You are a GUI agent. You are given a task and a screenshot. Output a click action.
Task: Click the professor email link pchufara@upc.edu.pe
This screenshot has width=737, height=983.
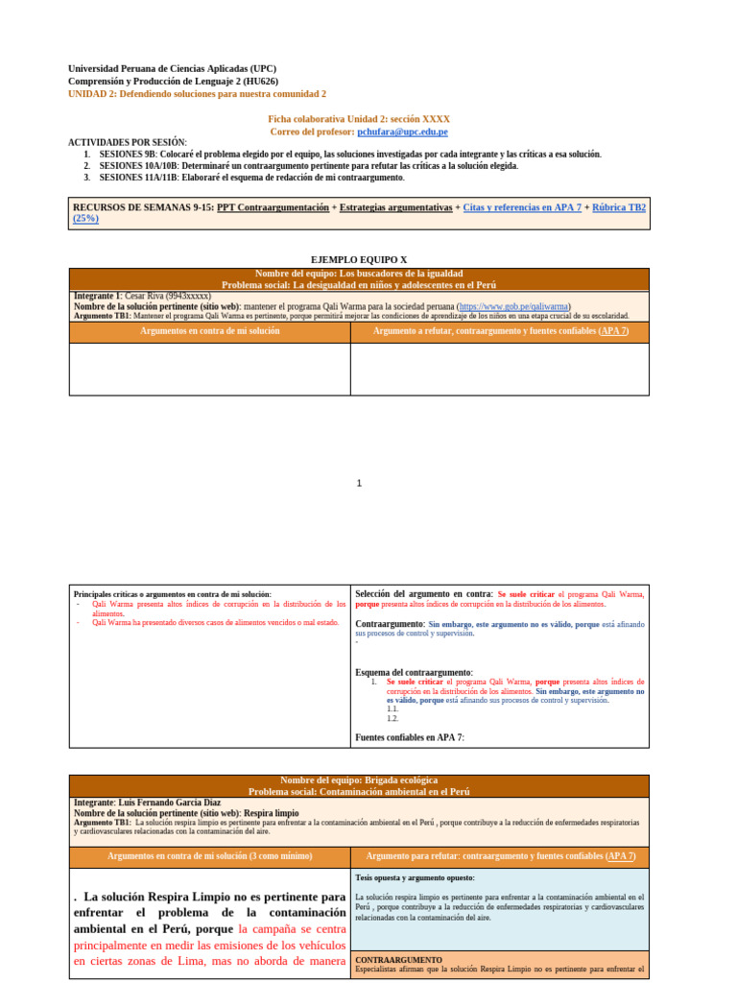(x=402, y=132)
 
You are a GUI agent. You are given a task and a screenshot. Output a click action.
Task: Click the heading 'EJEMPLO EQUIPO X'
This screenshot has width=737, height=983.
(x=359, y=260)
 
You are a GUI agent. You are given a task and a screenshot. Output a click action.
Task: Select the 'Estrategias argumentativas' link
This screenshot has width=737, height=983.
(x=395, y=207)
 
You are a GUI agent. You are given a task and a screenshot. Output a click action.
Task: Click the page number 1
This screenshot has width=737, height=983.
(x=359, y=484)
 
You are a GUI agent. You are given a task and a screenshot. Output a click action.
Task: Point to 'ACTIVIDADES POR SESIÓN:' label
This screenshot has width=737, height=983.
(x=128, y=142)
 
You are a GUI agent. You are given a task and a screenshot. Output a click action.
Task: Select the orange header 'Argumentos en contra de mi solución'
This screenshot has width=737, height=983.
(x=209, y=331)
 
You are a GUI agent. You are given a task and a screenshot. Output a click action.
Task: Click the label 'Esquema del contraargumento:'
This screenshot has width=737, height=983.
(x=414, y=672)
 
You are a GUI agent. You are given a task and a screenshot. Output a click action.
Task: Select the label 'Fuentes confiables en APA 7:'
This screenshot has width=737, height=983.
(x=409, y=737)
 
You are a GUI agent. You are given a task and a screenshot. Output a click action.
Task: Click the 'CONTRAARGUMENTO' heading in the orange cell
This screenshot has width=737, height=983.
(x=398, y=960)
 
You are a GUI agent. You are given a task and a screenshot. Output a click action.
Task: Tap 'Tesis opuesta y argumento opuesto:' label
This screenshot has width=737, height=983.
(x=415, y=877)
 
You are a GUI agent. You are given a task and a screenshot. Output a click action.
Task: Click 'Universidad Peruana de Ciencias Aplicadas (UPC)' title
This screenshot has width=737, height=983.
(x=172, y=69)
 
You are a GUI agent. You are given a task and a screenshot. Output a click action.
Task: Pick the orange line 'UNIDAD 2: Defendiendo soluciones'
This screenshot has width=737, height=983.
(x=197, y=94)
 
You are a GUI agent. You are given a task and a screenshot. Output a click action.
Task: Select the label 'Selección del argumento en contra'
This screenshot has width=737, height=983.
(x=422, y=594)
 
